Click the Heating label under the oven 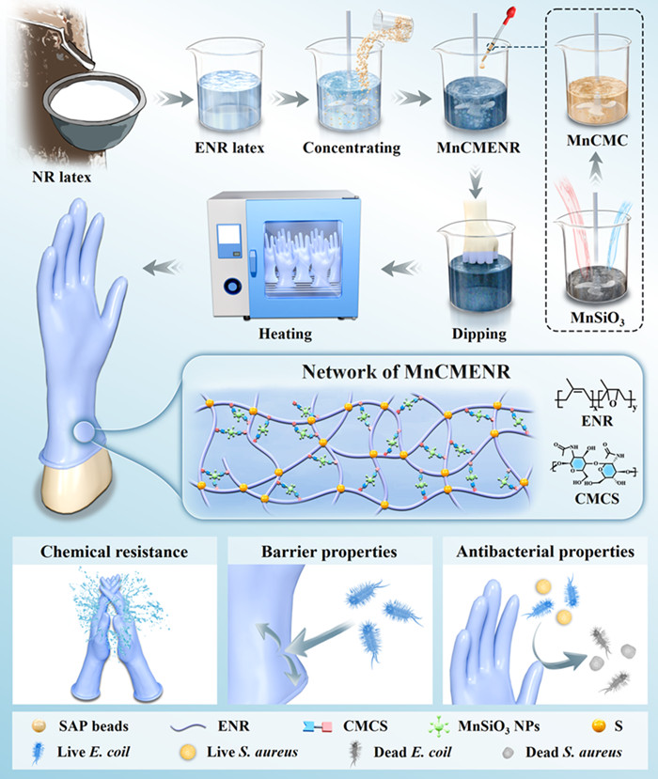tap(288, 332)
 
